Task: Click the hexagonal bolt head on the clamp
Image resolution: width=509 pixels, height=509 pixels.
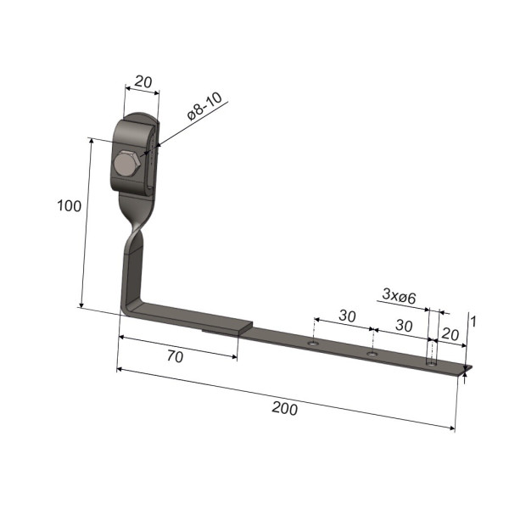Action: [x=127, y=164]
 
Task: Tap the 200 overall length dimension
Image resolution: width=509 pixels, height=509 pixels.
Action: [x=285, y=408]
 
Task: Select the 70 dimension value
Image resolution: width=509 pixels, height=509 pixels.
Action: [x=176, y=356]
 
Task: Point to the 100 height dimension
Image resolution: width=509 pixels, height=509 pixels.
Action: [x=69, y=206]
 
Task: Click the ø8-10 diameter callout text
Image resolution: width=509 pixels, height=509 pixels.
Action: [x=204, y=106]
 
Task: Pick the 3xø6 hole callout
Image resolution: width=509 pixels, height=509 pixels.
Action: [x=399, y=296]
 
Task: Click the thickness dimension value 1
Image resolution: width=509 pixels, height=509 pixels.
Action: [x=473, y=322]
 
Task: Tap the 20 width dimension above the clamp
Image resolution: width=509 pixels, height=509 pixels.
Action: [x=143, y=81]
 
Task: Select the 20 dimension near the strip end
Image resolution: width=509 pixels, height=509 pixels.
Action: [x=450, y=334]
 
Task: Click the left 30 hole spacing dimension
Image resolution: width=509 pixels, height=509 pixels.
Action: [x=347, y=316]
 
